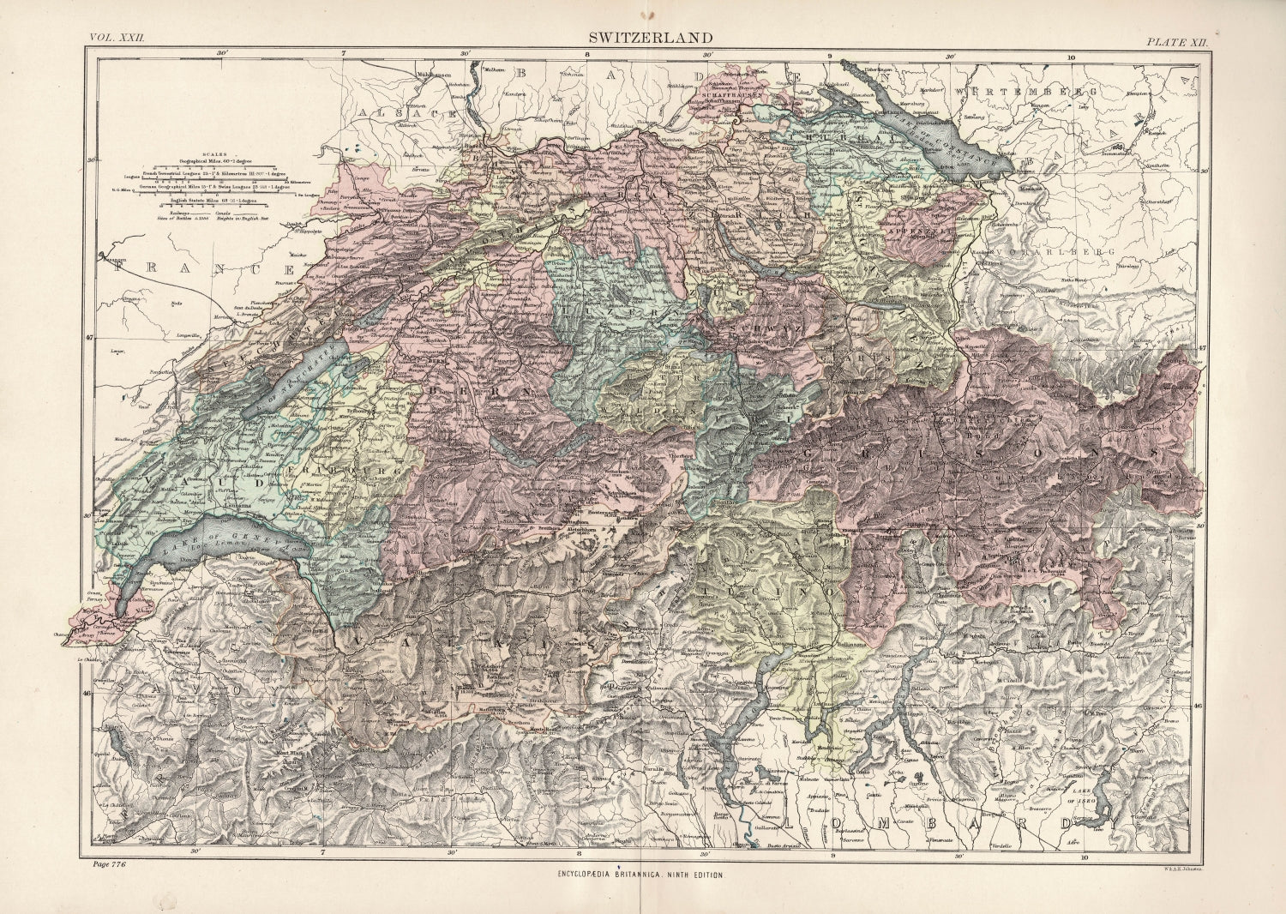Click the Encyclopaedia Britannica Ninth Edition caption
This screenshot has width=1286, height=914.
pos(640,874)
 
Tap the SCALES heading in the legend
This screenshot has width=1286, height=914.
pos(204,147)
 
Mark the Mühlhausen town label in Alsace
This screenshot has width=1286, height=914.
pos(435,75)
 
